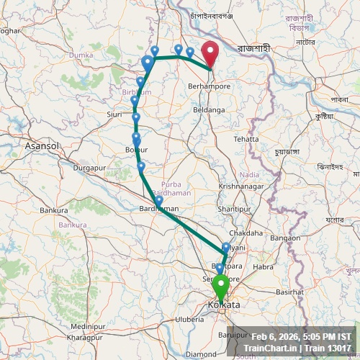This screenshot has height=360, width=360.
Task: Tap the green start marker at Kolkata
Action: [220, 286]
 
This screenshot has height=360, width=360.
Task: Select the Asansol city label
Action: [40, 145]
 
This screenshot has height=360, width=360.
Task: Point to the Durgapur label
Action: [89, 168]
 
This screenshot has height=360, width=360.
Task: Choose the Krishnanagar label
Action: [241, 186]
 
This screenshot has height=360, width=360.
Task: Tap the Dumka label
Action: [81, 55]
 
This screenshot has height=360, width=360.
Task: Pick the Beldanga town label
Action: [210, 110]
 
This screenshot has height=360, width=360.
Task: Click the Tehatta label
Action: [246, 139]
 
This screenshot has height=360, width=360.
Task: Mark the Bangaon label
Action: [285, 238]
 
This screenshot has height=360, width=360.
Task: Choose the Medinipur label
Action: [89, 326]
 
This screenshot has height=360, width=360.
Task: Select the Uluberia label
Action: [190, 319]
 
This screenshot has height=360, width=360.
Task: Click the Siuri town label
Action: [114, 114]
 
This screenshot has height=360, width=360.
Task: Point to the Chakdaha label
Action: [246, 233]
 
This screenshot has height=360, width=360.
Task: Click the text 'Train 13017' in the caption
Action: [329, 348]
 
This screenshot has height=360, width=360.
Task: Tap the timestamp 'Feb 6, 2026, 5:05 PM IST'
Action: [302, 337]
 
